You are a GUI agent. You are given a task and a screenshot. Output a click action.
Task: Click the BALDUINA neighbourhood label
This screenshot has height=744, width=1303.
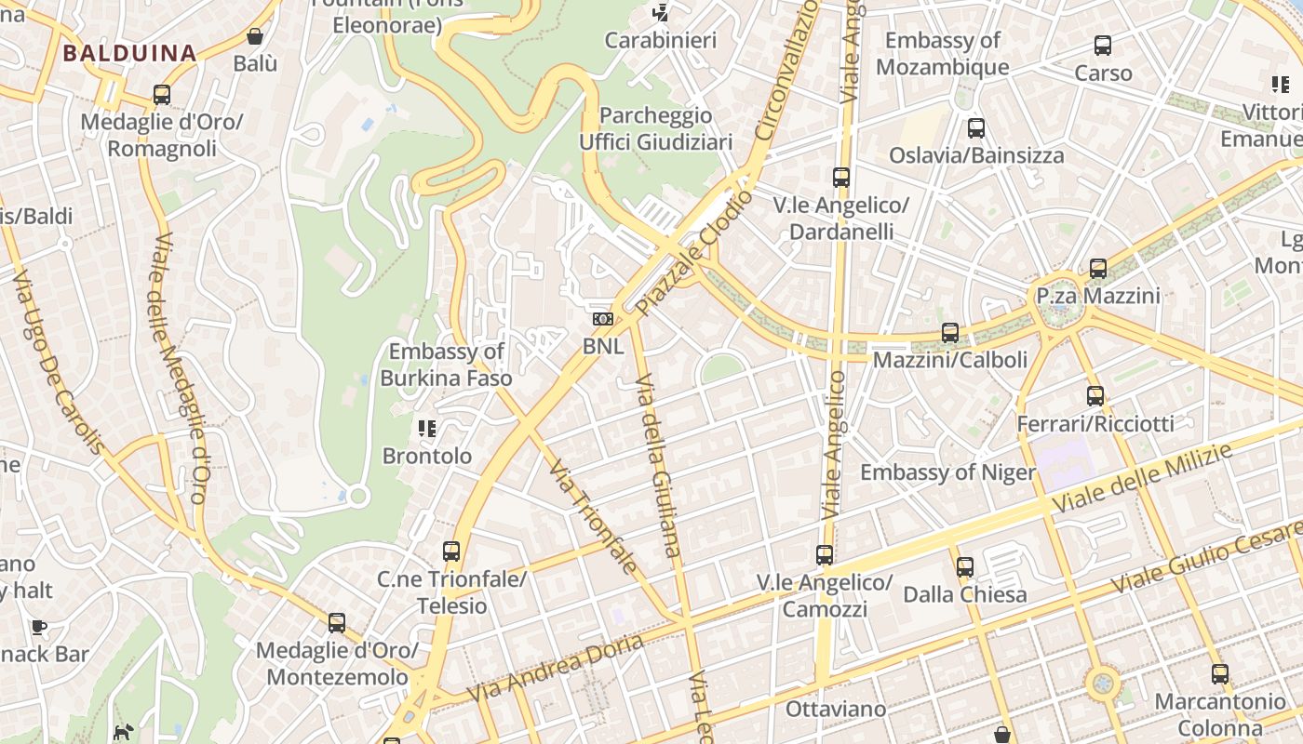click(x=129, y=53)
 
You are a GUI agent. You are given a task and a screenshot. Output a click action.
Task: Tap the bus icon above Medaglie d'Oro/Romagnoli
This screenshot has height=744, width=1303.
click(x=161, y=95)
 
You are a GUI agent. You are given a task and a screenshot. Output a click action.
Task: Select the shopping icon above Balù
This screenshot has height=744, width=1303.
click(x=255, y=36)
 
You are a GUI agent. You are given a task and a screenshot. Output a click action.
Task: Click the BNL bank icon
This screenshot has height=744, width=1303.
click(x=603, y=319)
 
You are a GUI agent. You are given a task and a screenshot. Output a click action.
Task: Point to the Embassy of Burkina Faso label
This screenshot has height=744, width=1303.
click(x=446, y=365)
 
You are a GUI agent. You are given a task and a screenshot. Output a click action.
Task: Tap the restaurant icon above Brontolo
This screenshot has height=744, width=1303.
click(x=427, y=429)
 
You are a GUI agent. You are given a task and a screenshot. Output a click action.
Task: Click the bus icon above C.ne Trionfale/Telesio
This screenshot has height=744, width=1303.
click(x=451, y=551)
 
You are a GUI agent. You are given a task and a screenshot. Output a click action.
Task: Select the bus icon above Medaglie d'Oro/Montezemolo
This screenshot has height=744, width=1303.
click(x=337, y=623)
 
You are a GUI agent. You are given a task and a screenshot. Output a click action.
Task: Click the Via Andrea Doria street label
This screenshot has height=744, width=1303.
click(x=555, y=669)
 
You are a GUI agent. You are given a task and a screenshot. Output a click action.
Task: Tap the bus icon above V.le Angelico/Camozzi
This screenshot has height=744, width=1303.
click(x=825, y=555)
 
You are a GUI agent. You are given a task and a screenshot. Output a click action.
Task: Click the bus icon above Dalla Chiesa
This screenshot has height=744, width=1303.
click(x=965, y=566)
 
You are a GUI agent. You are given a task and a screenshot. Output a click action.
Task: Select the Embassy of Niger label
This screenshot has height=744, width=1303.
click(x=947, y=472)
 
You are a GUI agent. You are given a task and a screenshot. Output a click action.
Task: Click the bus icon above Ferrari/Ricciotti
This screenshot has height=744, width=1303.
click(x=1095, y=396)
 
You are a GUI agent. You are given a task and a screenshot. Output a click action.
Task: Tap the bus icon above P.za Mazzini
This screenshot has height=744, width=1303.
click(x=1098, y=269)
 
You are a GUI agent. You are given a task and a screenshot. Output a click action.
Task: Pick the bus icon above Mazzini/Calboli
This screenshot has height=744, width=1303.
click(x=950, y=332)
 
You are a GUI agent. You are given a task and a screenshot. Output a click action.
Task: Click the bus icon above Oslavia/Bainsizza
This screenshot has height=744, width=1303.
click(x=975, y=128)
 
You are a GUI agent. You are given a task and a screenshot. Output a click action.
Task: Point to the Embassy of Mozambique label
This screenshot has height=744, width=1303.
click(x=942, y=54)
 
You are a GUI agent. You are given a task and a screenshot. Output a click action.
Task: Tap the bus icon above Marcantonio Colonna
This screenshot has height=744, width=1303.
click(x=1219, y=674)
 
